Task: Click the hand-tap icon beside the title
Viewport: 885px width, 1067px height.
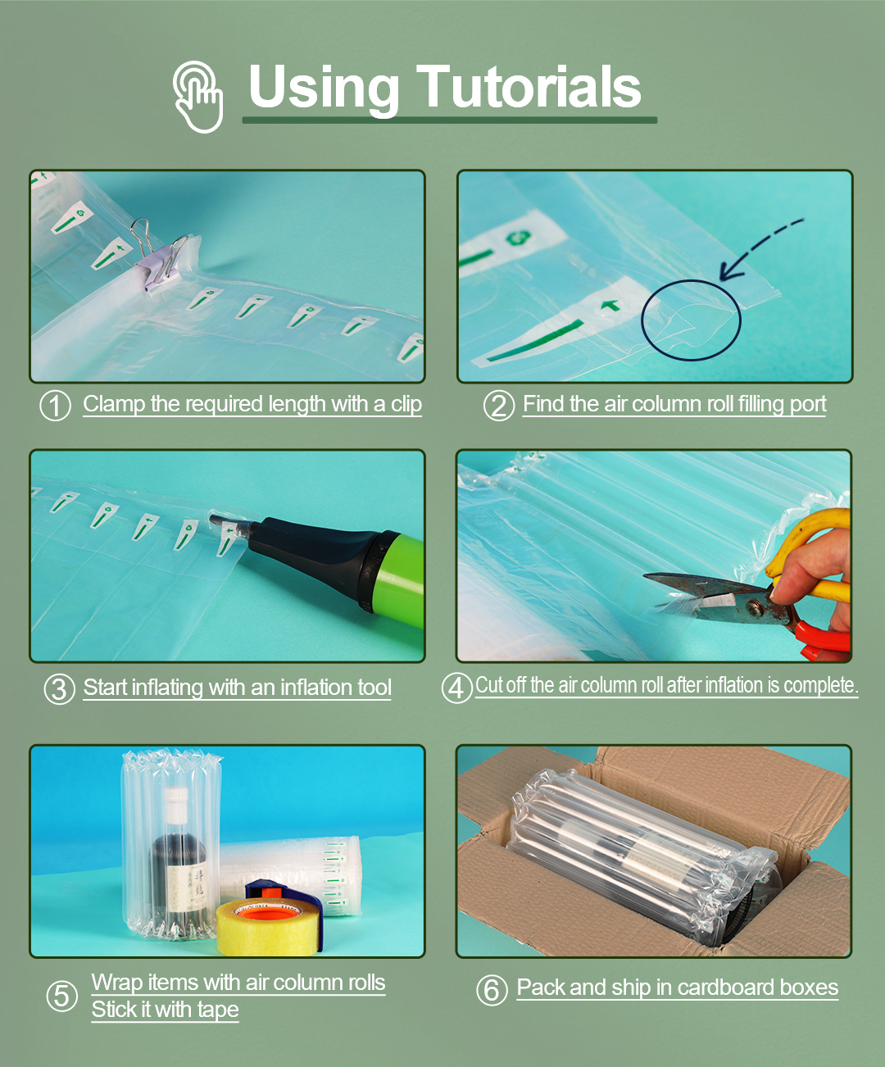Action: click(x=198, y=97)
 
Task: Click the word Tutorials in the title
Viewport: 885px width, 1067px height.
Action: click(x=529, y=88)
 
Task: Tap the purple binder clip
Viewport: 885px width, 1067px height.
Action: click(x=161, y=257)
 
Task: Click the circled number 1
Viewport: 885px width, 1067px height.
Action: click(x=55, y=406)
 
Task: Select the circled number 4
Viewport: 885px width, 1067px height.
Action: click(x=456, y=688)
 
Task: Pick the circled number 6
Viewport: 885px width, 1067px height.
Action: click(x=492, y=990)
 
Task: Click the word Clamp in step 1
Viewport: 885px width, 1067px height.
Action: click(x=114, y=404)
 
